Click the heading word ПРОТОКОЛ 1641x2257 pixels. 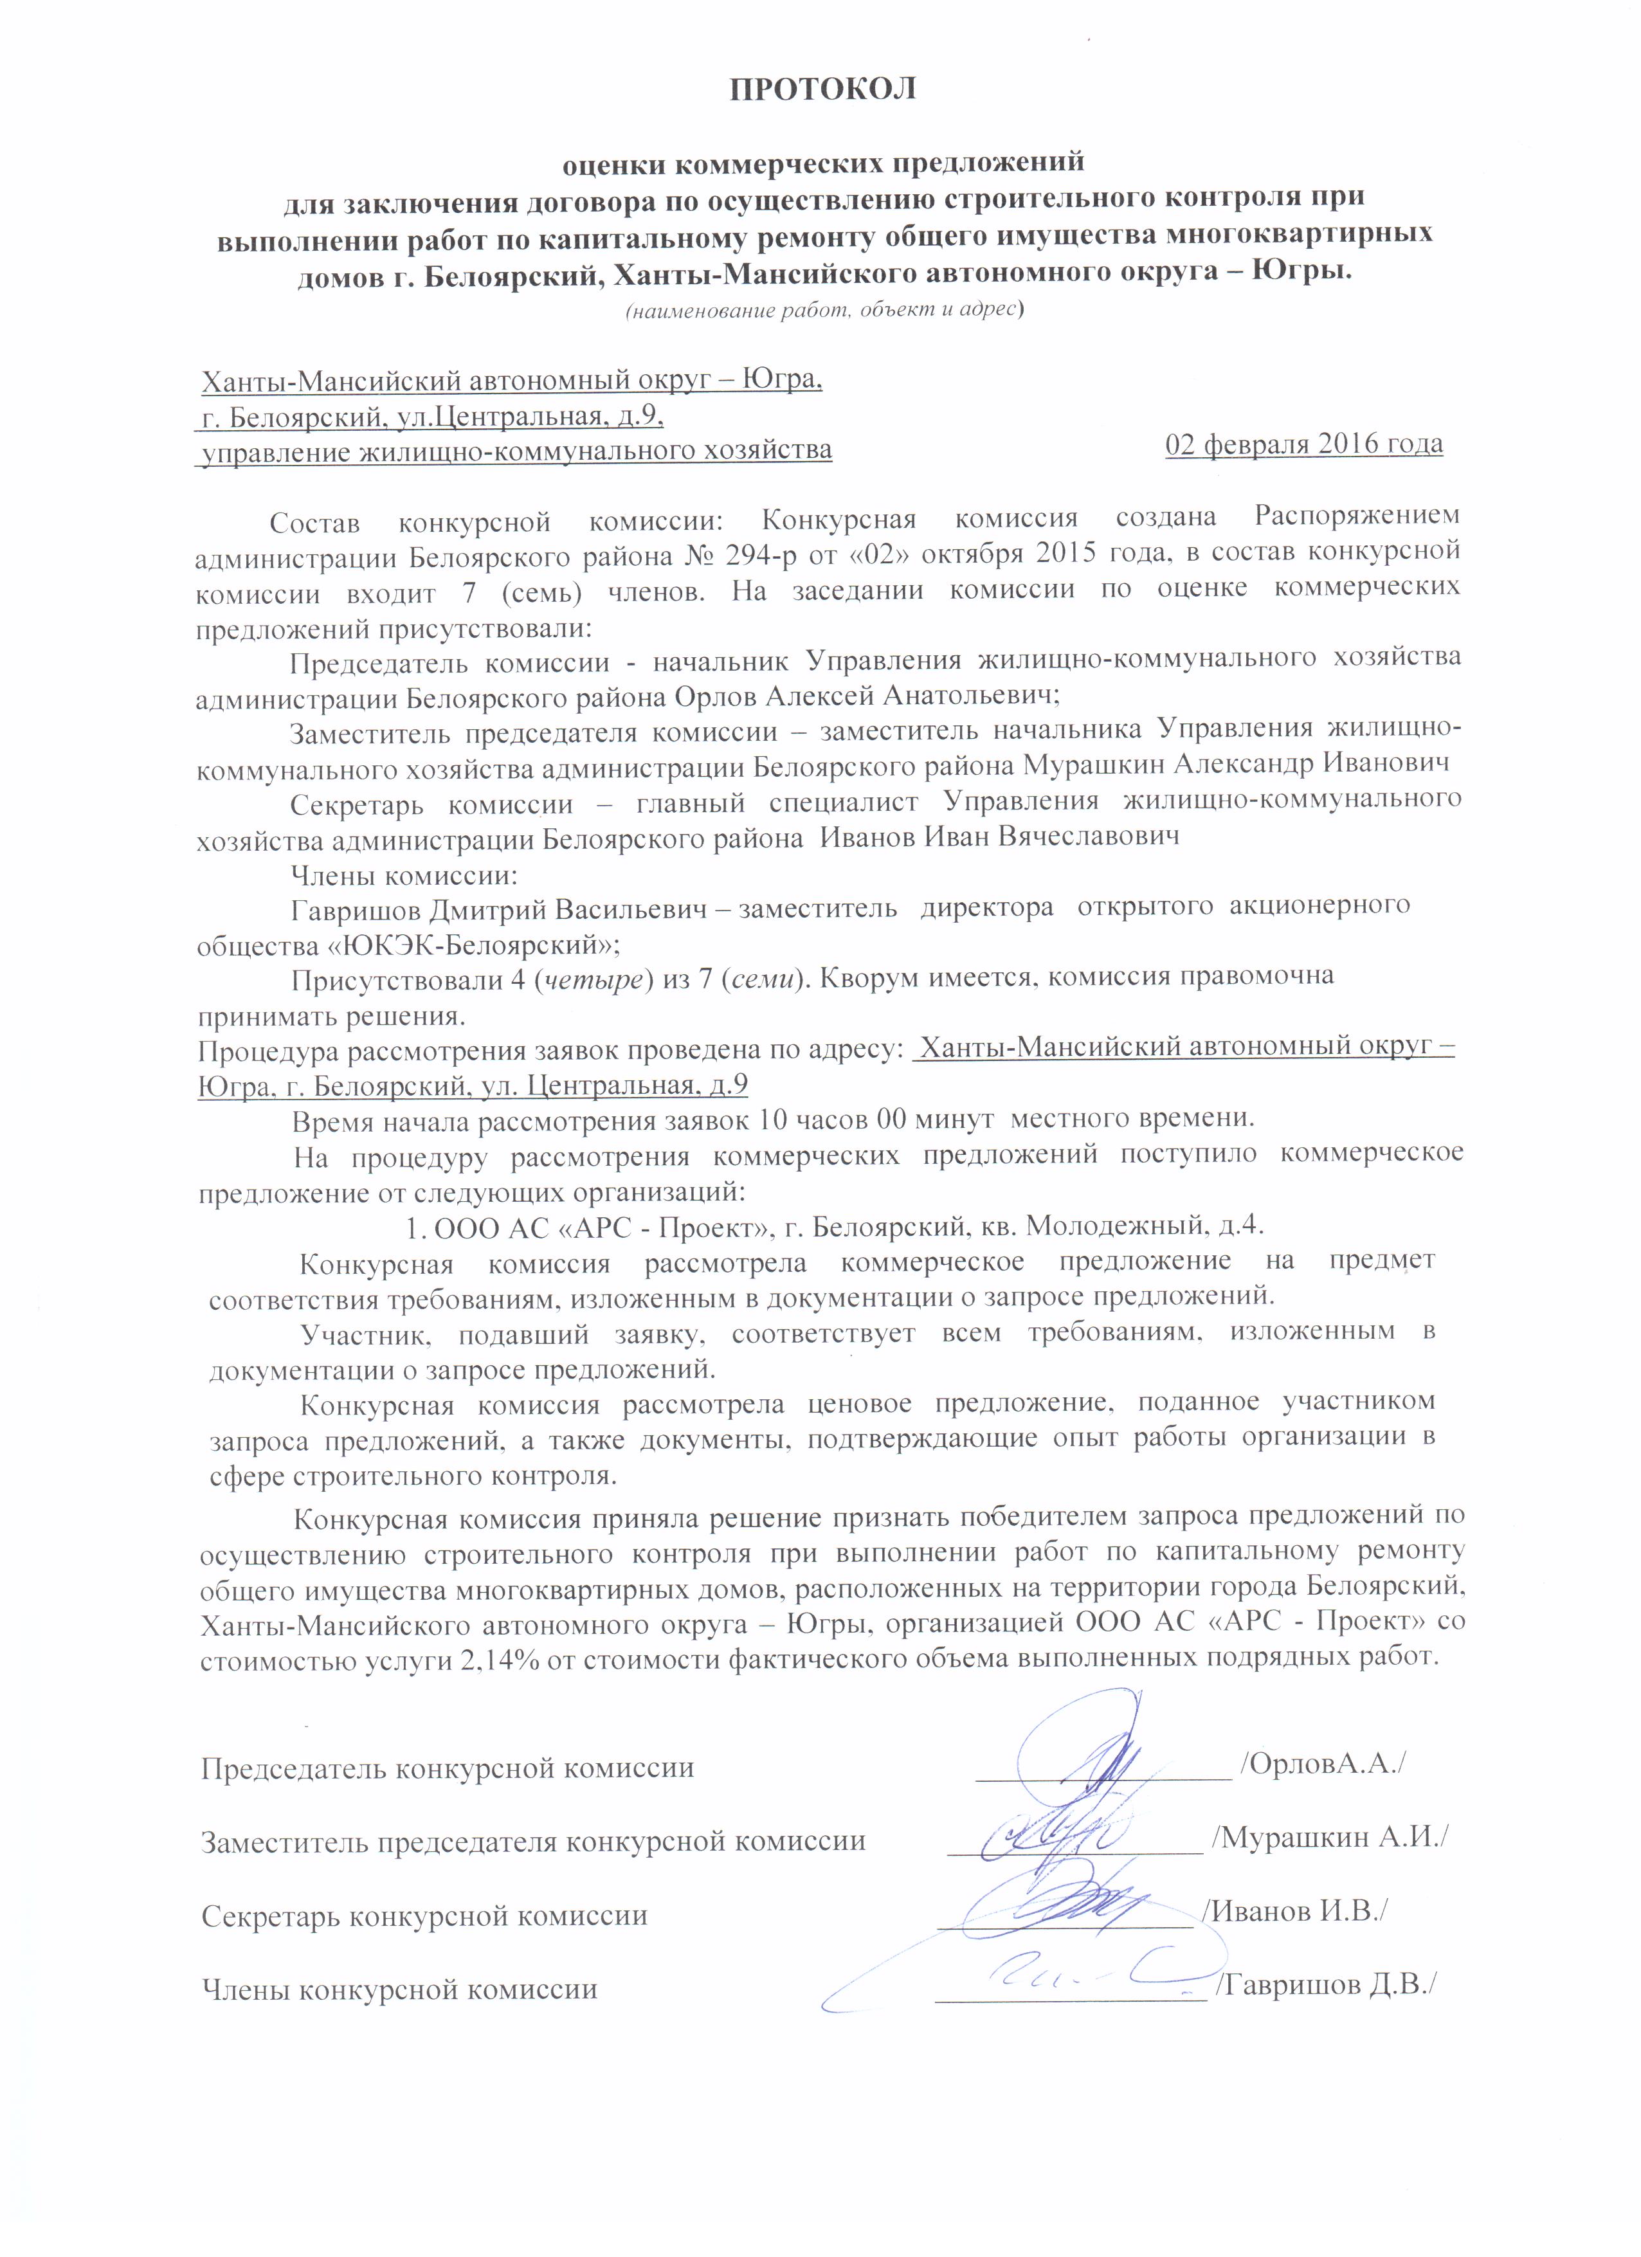click(822, 89)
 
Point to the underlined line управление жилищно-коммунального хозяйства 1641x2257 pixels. click(516, 451)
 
